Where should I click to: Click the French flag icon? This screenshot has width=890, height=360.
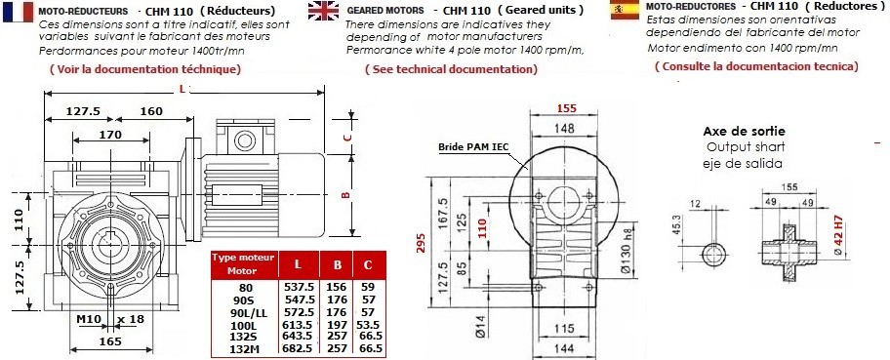click(x=18, y=12)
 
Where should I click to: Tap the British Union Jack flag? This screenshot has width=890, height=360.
click(x=323, y=10)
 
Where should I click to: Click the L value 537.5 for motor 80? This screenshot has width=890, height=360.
click(x=299, y=288)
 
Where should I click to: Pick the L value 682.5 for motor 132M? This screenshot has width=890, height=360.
click(x=298, y=348)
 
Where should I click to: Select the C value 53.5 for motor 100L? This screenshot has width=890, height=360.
click(x=368, y=325)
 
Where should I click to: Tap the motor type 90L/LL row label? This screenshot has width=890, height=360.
click(x=246, y=312)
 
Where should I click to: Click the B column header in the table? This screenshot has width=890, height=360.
click(x=337, y=264)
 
